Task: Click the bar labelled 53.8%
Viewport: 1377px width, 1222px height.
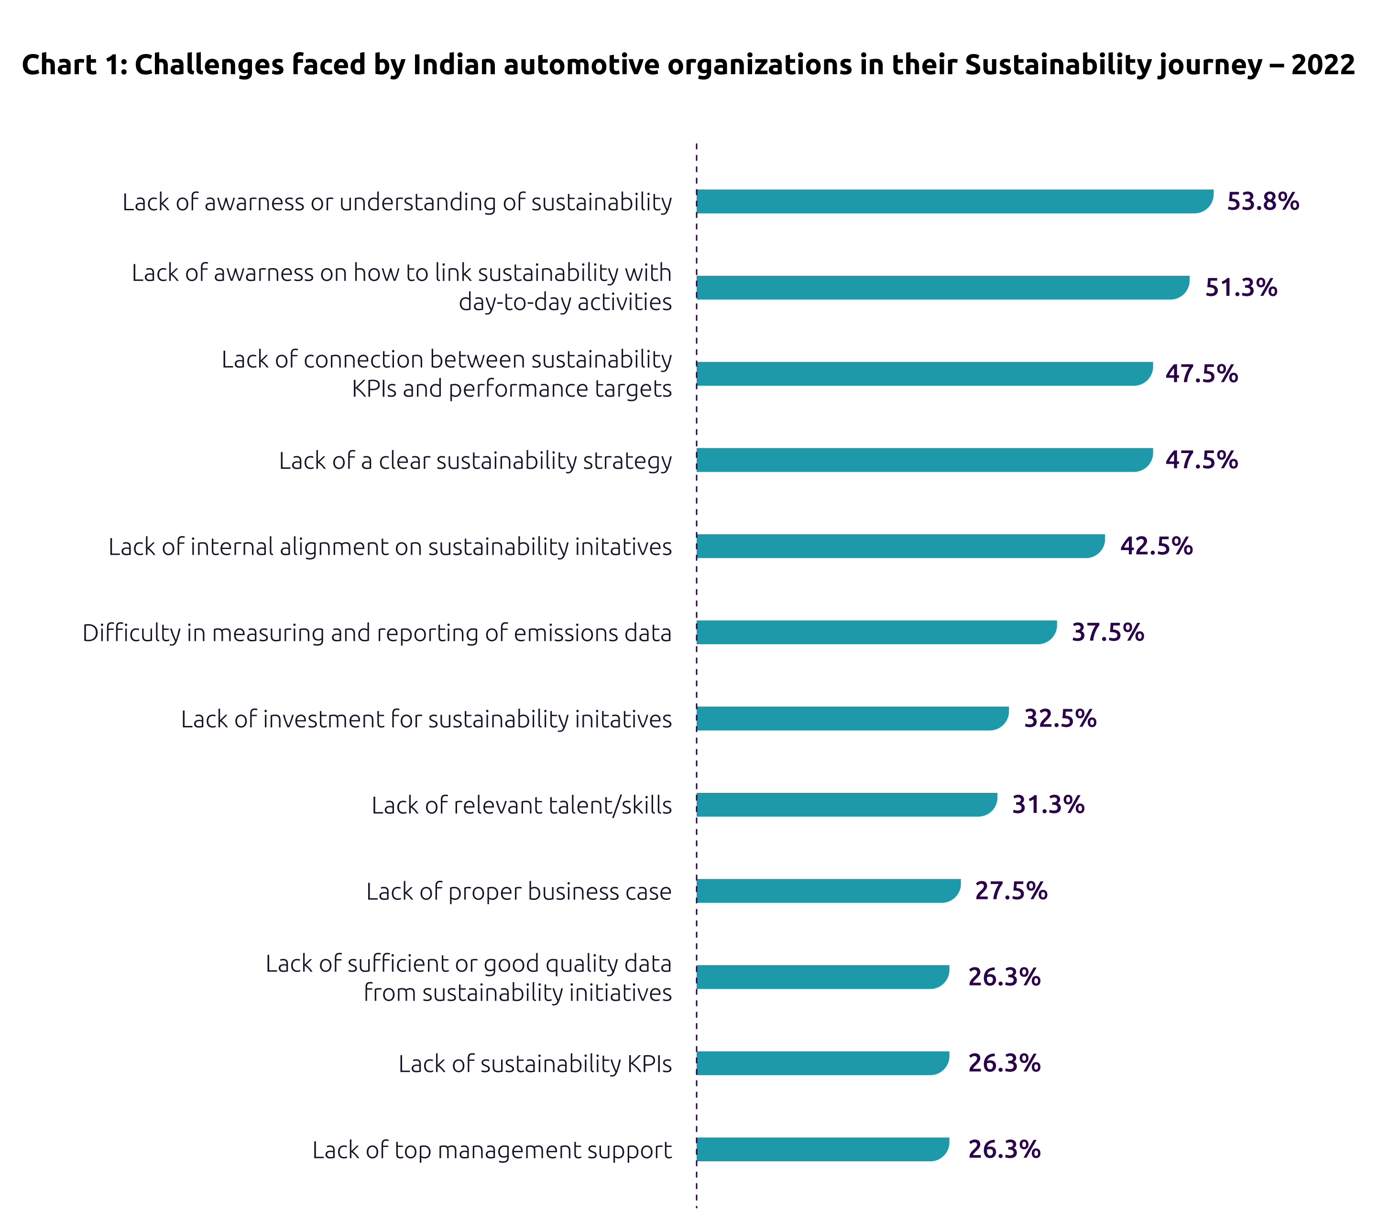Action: [953, 201]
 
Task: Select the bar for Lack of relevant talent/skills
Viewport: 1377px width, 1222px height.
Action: [846, 805]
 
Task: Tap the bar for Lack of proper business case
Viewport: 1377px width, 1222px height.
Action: [828, 891]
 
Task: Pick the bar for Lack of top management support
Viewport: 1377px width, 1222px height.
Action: [822, 1149]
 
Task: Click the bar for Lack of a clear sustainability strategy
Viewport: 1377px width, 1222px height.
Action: [924, 460]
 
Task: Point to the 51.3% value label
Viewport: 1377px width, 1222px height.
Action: [1241, 288]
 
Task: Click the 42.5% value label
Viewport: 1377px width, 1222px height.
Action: [1156, 546]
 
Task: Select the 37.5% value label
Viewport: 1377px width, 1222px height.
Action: [1107, 632]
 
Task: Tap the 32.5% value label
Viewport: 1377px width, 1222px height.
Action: [1060, 718]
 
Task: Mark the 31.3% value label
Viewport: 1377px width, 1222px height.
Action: [1048, 805]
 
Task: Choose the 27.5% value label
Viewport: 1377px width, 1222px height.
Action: [1011, 891]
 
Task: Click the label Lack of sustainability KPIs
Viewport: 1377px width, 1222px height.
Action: [535, 1064]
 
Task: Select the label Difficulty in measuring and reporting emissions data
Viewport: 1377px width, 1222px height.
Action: [377, 633]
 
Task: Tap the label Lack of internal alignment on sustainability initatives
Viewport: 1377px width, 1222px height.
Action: [390, 547]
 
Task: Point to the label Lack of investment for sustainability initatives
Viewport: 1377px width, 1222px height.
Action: [426, 719]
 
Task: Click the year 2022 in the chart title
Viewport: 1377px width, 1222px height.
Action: [1322, 65]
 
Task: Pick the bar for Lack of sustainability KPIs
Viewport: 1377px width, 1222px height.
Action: [822, 1063]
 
